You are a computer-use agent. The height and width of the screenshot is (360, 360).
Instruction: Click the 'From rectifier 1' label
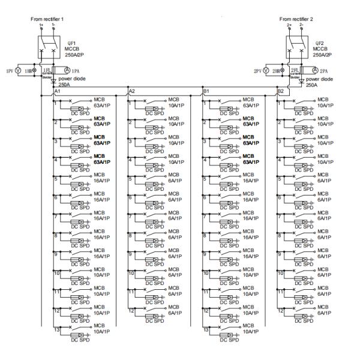click(x=47, y=19)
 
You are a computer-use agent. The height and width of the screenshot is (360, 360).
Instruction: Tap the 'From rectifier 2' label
click(x=295, y=19)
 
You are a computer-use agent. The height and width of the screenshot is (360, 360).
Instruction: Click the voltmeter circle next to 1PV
click(x=17, y=70)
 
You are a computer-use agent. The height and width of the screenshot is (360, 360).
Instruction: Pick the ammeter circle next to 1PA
click(x=67, y=70)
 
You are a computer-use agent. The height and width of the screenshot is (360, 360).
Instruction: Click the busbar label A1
click(x=58, y=91)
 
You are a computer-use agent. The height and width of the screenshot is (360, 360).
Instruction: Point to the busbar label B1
click(x=206, y=91)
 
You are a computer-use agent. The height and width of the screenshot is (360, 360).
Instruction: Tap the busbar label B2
click(x=280, y=91)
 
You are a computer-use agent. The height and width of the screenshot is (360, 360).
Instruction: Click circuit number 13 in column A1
click(x=58, y=329)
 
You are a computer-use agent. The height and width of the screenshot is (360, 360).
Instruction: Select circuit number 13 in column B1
click(x=206, y=329)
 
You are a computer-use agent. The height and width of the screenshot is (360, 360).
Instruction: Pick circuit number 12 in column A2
click(x=132, y=310)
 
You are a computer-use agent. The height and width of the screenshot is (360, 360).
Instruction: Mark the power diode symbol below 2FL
click(x=302, y=79)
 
